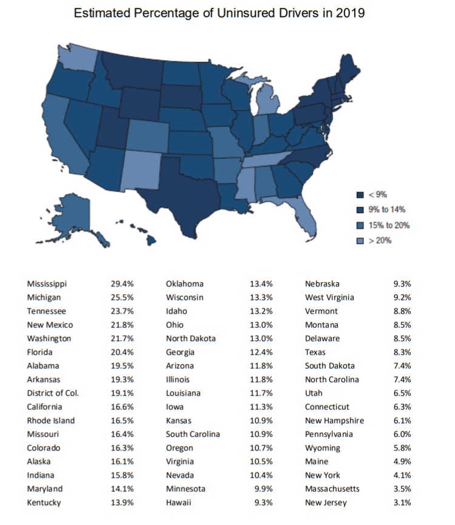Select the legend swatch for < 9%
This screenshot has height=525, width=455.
tap(360, 194)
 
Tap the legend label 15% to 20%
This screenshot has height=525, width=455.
tap(389, 225)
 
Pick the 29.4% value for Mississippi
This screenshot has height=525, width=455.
tap(122, 284)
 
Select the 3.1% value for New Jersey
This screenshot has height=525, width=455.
tap(402, 503)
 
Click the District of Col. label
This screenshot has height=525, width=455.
tap(53, 393)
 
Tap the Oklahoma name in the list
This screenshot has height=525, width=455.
tap(184, 284)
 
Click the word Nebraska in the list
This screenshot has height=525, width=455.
tap(322, 284)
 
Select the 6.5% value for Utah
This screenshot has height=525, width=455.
tap(402, 393)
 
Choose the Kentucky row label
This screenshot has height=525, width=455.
tap(44, 503)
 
